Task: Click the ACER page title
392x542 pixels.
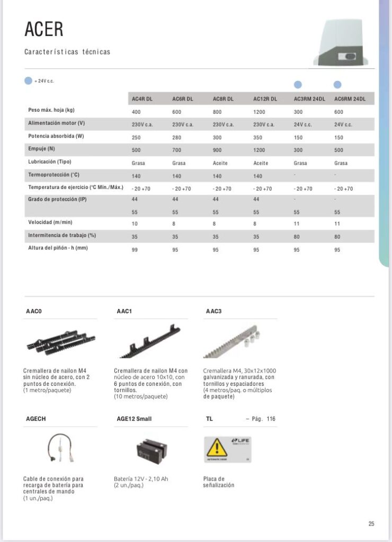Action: pyautogui.click(x=44, y=29)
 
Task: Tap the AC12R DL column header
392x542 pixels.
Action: pyautogui.click(x=264, y=98)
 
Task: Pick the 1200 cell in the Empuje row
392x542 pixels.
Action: pyautogui.click(x=259, y=150)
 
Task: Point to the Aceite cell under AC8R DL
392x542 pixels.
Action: pyautogui.click(x=220, y=163)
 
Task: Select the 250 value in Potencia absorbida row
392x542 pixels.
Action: pyautogui.click(x=137, y=137)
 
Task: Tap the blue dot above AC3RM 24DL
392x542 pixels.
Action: pyautogui.click(x=298, y=85)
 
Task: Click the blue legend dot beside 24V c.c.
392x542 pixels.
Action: pyautogui.click(x=29, y=81)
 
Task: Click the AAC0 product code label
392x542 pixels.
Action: pyautogui.click(x=34, y=311)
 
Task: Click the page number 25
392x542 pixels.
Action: pyautogui.click(x=371, y=523)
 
